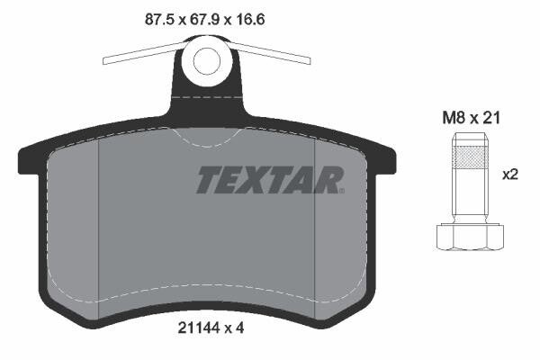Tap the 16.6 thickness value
250,19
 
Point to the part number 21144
199,328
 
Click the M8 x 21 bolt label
471,118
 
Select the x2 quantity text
510,175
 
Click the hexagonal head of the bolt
470,237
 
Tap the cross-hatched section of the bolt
470,157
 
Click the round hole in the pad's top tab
207,61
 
